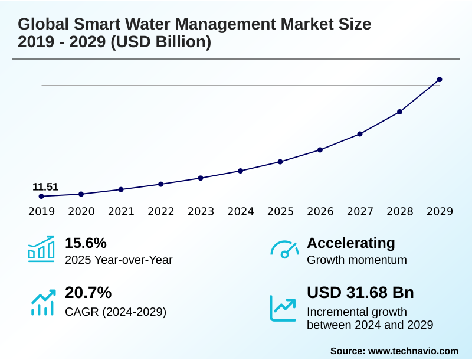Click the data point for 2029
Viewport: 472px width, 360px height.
440,80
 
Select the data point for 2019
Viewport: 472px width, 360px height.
41,196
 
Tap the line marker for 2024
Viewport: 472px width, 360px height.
240,171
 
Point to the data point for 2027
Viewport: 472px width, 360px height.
360,134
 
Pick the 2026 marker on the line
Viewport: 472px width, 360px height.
320,150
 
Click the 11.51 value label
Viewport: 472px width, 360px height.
45,188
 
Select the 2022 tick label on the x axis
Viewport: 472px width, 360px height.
160,211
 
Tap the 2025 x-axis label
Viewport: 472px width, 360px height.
280,211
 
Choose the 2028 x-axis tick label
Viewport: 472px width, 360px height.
399,211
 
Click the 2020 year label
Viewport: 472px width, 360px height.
81,211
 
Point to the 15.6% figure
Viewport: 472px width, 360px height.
86,243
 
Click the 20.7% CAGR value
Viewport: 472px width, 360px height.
88,293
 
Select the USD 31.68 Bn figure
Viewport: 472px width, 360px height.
360,293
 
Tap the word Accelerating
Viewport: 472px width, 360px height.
351,243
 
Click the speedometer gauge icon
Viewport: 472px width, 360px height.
284,249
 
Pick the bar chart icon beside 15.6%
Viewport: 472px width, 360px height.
41,249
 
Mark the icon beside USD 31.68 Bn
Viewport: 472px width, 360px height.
283,307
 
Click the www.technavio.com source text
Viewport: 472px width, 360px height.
413,351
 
